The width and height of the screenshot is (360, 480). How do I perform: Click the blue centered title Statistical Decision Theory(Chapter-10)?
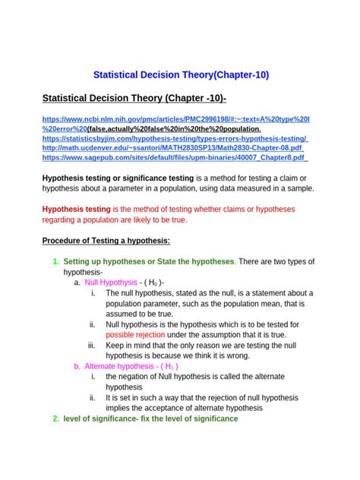[x=180, y=75]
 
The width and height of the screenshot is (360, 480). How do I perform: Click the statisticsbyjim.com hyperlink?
[x=175, y=139]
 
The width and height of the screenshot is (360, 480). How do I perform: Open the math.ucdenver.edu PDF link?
[x=175, y=149]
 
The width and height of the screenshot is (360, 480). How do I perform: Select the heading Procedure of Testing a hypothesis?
[x=106, y=241]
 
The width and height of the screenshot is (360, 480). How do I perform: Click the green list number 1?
[x=55, y=262]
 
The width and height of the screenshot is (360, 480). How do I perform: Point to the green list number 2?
[x=55, y=418]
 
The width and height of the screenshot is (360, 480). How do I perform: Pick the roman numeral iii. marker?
[x=93, y=345]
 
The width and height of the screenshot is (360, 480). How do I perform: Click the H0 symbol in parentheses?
[x=153, y=282]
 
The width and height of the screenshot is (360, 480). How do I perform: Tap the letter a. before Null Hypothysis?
[x=77, y=282]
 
